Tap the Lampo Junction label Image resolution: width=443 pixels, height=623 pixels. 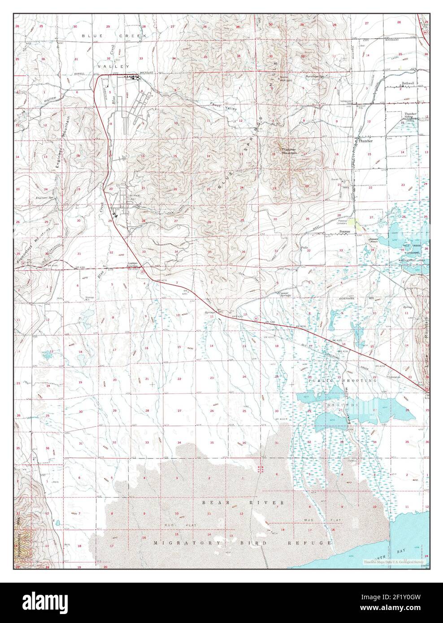tap(132, 264)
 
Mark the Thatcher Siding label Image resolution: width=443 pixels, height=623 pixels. tap(410, 115)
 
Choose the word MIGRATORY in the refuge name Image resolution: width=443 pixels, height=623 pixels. tap(179, 543)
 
